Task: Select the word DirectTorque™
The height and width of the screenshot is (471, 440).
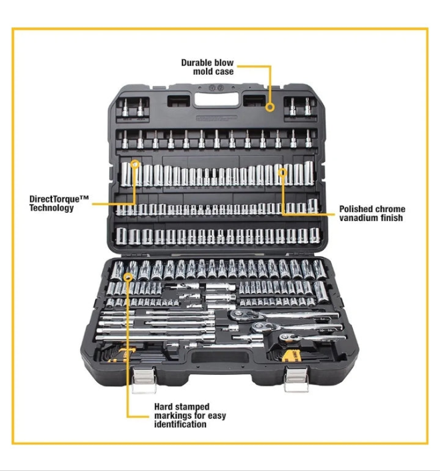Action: click(x=59, y=199)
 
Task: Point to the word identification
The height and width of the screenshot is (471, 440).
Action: click(x=180, y=424)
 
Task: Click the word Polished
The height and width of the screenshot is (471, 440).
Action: click(x=356, y=209)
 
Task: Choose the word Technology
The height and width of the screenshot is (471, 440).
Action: click(x=51, y=208)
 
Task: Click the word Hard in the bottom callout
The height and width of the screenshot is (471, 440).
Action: click(x=163, y=407)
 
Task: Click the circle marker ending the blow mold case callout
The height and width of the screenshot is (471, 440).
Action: click(x=270, y=107)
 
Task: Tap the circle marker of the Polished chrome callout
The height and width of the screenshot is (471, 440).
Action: click(x=283, y=172)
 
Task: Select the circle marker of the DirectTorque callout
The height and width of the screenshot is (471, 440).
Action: click(x=135, y=164)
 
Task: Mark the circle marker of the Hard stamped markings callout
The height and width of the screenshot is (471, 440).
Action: click(x=129, y=277)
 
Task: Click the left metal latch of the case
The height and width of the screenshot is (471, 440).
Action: click(x=144, y=380)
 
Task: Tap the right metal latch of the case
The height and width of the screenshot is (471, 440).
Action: click(x=296, y=380)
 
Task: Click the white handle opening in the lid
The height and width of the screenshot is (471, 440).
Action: click(x=217, y=99)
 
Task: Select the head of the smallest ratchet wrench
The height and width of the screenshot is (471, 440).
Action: click(x=286, y=338)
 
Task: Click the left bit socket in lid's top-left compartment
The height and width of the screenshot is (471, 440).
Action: click(x=125, y=108)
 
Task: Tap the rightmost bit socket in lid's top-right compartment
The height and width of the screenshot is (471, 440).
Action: click(x=307, y=106)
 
